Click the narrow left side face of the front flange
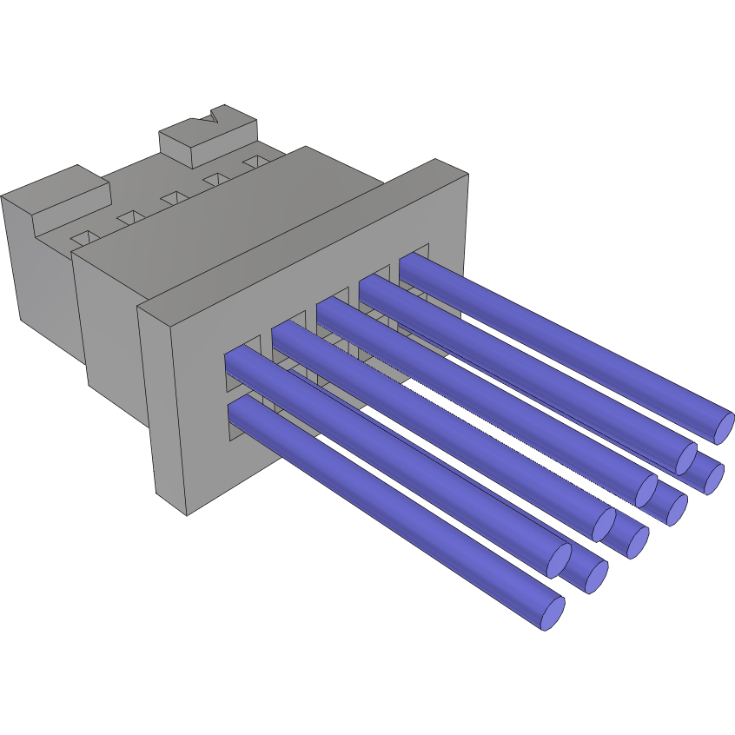tap(162, 408)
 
